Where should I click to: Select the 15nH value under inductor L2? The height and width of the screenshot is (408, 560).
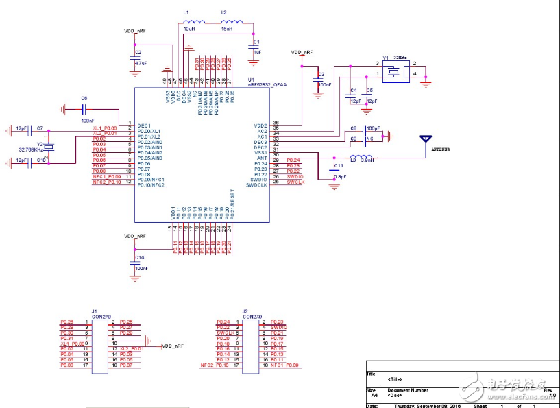[227, 29]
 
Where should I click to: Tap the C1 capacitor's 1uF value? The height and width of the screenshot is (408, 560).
[257, 51]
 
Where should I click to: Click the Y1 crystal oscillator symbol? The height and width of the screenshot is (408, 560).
[394, 69]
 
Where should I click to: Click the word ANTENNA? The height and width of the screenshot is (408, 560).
[439, 148]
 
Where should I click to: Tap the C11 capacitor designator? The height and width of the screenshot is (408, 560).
[338, 166]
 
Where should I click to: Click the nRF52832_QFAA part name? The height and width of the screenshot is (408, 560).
[267, 85]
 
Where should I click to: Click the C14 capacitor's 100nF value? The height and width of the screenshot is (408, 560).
[142, 268]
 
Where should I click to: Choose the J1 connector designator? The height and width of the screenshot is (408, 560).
[95, 311]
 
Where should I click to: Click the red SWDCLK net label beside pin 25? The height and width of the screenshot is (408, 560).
[295, 182]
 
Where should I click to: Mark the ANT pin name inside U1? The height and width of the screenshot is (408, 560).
[260, 158]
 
